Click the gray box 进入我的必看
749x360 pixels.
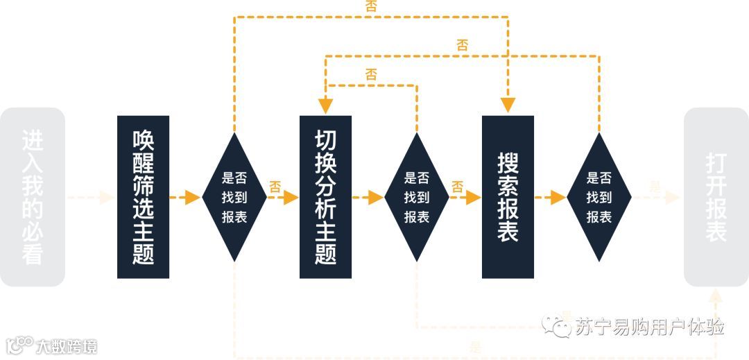pyautogui.click(x=33, y=197)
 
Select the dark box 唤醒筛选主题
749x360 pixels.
pyautogui.click(x=143, y=197)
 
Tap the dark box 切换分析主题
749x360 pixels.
pyautogui.click(x=325, y=197)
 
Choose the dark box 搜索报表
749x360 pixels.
pyautogui.click(x=508, y=197)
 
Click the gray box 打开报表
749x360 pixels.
pyautogui.click(x=716, y=197)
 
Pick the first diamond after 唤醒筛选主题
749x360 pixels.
pyautogui.click(x=234, y=197)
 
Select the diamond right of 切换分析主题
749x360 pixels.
pyautogui.click(x=416, y=197)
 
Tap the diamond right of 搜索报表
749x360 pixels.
pyautogui.click(x=599, y=197)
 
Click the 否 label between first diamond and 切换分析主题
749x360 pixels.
pyautogui.click(x=275, y=187)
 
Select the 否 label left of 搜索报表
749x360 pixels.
pyautogui.click(x=457, y=187)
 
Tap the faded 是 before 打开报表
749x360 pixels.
pyautogui.click(x=655, y=187)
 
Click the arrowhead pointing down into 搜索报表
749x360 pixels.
pyautogui.click(x=508, y=105)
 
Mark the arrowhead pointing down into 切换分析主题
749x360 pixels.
pyautogui.click(x=325, y=105)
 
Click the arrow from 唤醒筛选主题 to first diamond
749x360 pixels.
pyautogui.click(x=185, y=197)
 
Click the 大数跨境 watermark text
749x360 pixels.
pyautogui.click(x=66, y=345)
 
